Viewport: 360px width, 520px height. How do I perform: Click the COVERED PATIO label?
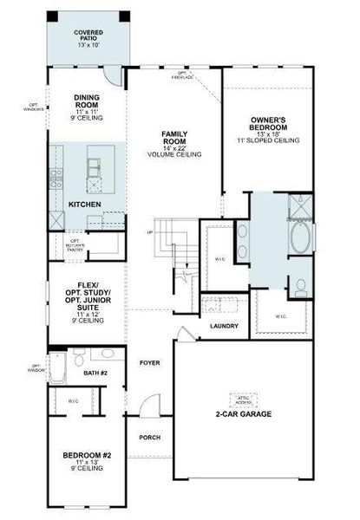(88, 37)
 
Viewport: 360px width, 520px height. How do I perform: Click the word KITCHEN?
(85, 204)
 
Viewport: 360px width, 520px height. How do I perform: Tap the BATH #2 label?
(95, 373)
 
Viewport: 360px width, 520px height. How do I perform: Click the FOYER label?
(150, 363)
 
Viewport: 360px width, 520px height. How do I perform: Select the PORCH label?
(150, 437)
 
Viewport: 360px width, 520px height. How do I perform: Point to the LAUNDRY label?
(224, 326)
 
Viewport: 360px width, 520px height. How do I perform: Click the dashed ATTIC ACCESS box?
(245, 400)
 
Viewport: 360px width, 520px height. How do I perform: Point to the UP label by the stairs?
(152, 233)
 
